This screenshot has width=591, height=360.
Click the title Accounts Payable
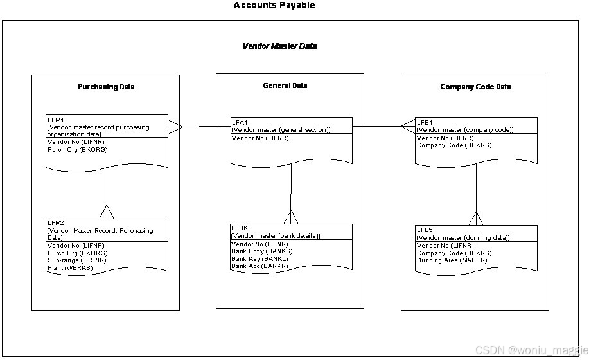[274, 6]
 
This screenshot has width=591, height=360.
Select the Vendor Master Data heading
[279, 46]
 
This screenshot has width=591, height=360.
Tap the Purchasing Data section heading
[106, 87]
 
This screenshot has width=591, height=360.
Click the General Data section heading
[285, 85]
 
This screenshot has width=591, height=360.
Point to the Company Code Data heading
[475, 87]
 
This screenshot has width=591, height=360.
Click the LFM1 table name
[55, 120]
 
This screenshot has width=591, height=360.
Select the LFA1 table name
[239, 122]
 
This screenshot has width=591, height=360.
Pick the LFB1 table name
[425, 122]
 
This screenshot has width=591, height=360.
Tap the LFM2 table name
[55, 223]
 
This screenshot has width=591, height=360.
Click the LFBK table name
[240, 228]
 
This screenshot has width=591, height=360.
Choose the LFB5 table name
[425, 230]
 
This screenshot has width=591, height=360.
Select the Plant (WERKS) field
[70, 268]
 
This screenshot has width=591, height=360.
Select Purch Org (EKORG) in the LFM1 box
[77, 149]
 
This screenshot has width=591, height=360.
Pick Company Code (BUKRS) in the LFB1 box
[454, 145]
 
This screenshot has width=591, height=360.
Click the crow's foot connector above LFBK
[291, 216]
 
